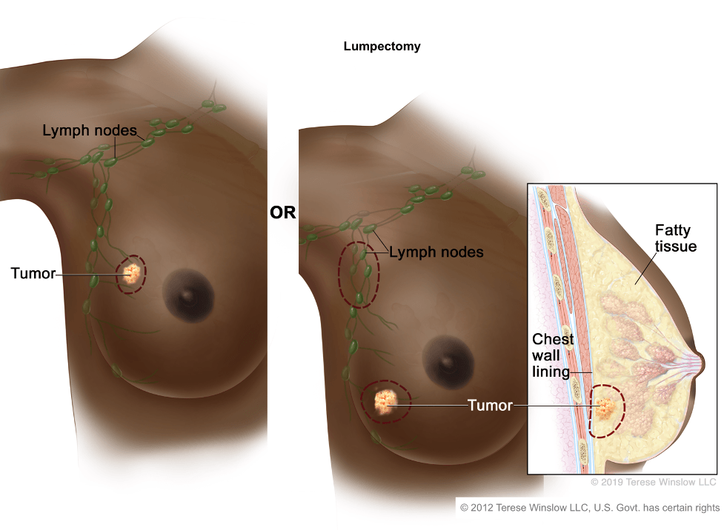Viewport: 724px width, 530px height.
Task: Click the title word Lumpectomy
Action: click(x=382, y=47)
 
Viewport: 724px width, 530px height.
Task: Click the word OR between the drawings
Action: click(x=282, y=212)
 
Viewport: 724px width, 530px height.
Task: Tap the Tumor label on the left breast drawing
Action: click(x=33, y=273)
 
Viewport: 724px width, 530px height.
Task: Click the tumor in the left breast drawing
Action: click(x=132, y=274)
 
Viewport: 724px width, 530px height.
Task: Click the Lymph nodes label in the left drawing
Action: click(x=90, y=130)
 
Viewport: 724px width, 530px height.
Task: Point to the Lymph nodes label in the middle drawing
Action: click(x=436, y=252)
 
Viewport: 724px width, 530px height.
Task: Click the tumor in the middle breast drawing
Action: click(x=384, y=401)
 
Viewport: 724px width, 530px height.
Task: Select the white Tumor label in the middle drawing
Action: click(x=490, y=406)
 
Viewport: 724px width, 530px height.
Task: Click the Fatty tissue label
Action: click(x=676, y=238)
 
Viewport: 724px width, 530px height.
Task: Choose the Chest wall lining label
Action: click(x=552, y=355)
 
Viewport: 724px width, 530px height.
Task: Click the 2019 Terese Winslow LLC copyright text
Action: click(x=654, y=482)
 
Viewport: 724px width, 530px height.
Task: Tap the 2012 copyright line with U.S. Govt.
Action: click(x=590, y=508)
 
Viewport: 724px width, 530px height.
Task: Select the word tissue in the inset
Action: click(x=676, y=246)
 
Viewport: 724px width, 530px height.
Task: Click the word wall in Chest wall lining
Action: click(x=545, y=355)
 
